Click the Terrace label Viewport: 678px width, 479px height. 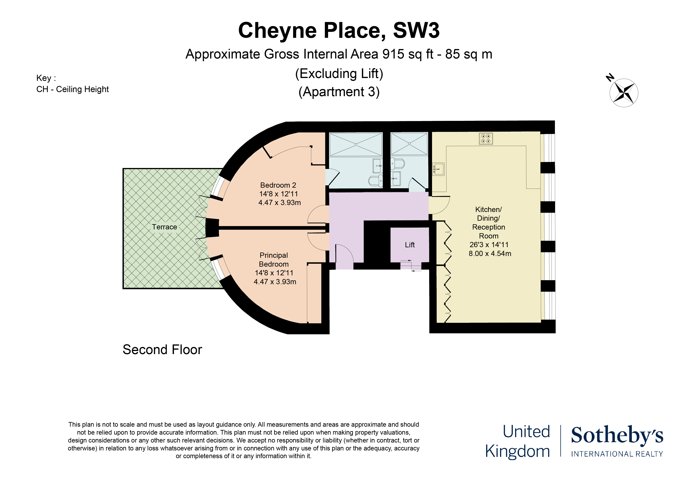pos(164,227)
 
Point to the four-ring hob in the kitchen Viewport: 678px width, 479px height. pos(486,139)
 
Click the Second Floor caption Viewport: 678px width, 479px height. pos(162,350)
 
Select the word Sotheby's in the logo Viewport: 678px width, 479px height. pos(617,435)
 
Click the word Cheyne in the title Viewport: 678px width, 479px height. pos(278,31)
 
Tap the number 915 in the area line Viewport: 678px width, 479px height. pos(393,54)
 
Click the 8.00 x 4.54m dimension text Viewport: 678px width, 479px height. pos(490,253)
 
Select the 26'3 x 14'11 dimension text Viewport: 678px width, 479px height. pos(489,245)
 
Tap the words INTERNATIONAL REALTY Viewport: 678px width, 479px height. pos(617,454)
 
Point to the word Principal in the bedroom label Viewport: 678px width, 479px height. pos(274,255)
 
